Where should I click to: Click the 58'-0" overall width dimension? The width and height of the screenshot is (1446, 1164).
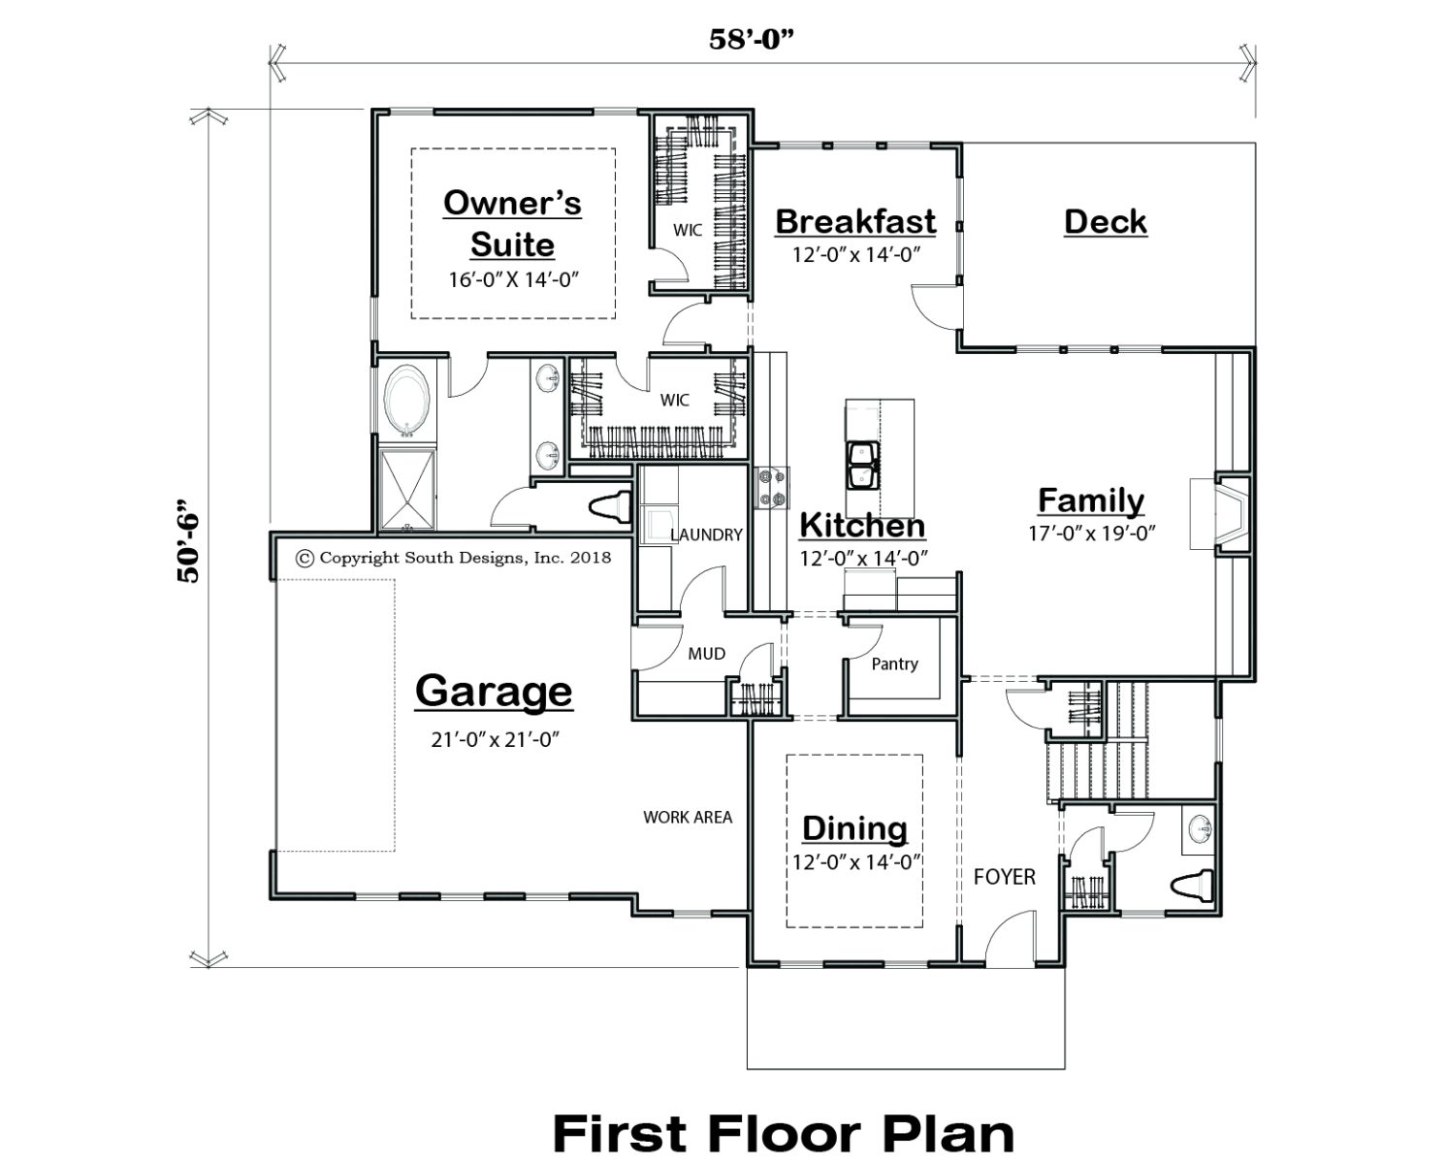point(752,40)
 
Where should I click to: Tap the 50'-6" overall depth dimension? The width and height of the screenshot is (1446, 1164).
point(188,541)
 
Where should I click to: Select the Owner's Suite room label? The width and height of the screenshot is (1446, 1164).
point(512,223)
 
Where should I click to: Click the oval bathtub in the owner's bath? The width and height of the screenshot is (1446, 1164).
point(406,402)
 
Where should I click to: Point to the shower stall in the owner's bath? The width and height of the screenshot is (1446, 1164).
point(406,489)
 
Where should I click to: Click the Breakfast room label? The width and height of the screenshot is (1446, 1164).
point(855,222)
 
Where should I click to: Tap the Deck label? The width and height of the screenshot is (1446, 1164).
point(1106,222)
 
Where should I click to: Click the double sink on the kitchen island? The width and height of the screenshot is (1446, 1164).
point(863,465)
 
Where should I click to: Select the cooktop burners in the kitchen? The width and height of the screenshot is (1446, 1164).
point(771,488)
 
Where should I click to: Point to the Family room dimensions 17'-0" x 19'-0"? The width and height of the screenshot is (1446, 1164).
point(1091,533)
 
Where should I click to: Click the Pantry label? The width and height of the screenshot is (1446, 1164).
point(894,664)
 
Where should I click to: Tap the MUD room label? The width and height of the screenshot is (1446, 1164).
point(706,654)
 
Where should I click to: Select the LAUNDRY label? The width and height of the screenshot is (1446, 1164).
point(706,535)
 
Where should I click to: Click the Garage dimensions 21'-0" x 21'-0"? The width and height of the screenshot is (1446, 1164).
point(496,740)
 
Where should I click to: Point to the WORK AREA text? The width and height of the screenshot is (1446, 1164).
point(688,817)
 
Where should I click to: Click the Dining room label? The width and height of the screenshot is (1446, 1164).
point(854,828)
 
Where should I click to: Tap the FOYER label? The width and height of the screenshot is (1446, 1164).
point(1005,876)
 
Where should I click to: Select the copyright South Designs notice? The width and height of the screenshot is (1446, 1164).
point(454,558)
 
